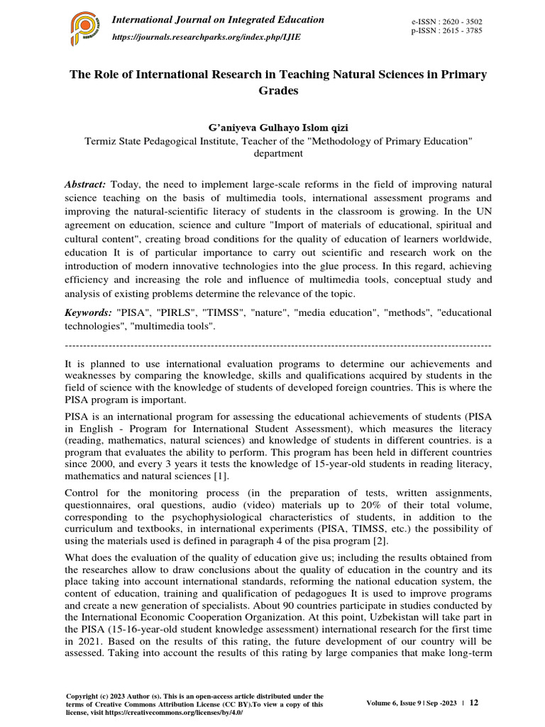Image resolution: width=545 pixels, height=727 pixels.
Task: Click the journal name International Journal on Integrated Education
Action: point(219,20)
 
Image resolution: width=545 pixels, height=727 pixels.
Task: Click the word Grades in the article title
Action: point(277,91)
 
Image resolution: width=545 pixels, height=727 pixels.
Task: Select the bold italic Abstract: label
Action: point(85,184)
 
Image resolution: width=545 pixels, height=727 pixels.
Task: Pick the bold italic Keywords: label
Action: point(88,312)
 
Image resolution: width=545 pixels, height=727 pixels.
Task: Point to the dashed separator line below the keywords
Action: point(277,345)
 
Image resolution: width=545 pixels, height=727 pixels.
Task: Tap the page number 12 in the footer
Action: point(474,702)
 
